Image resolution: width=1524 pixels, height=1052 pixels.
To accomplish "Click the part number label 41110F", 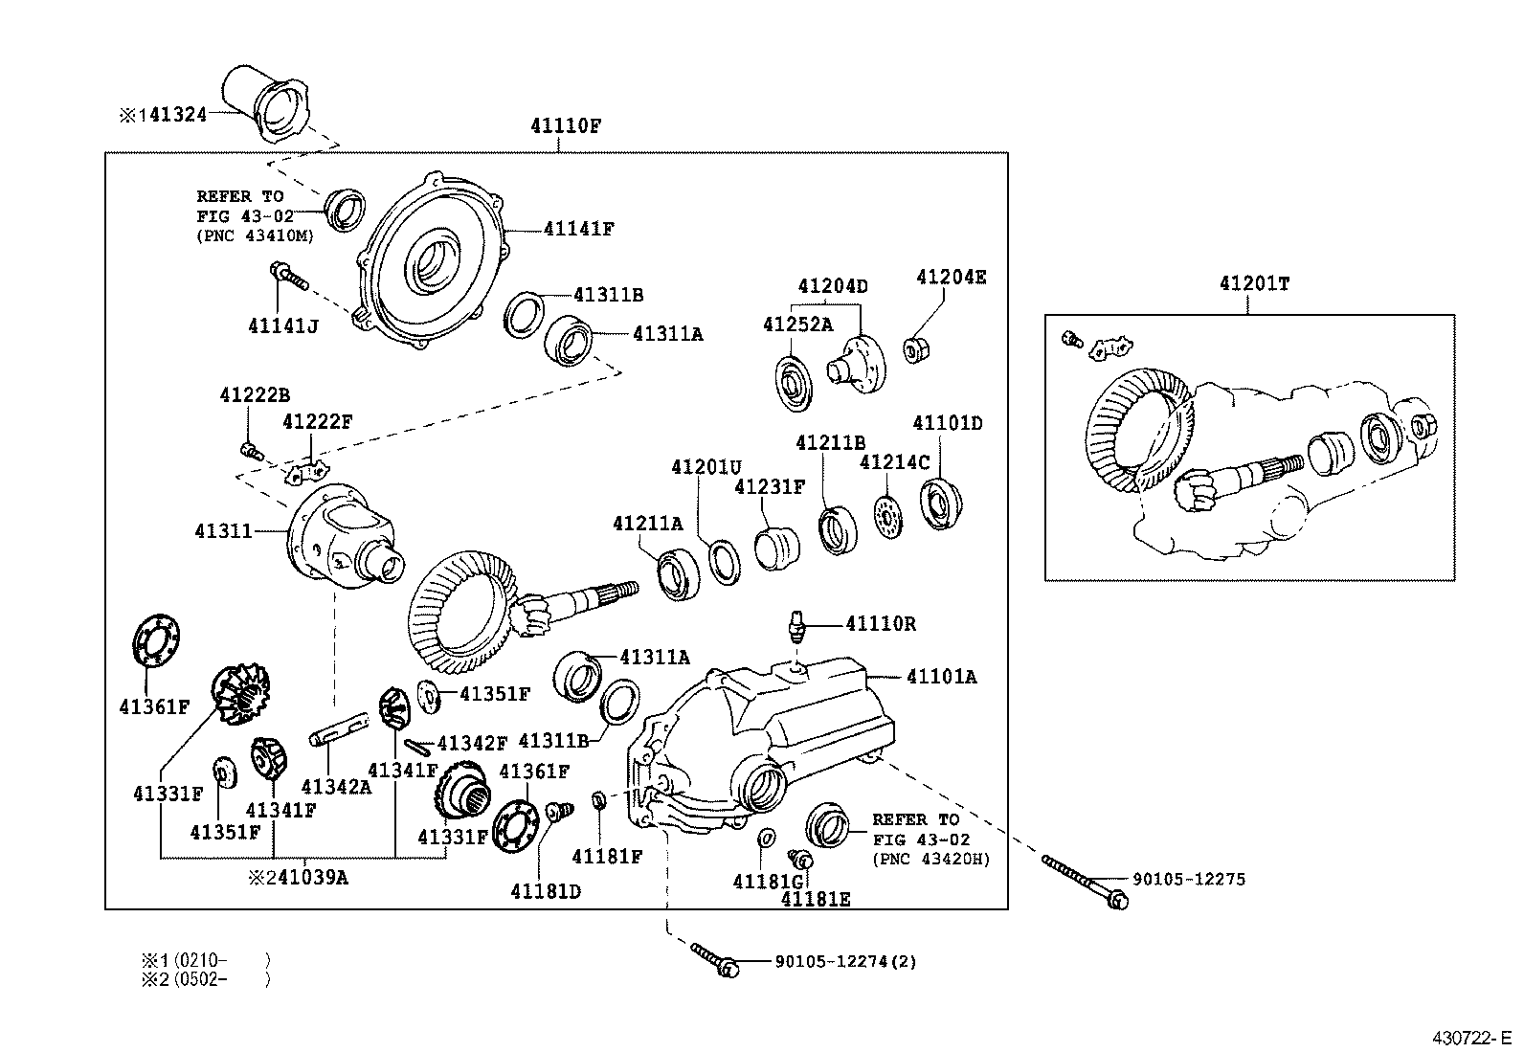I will point(566,125).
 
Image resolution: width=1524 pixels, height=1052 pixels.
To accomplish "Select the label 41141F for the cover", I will point(578,229).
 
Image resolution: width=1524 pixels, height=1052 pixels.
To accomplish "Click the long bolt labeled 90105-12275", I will point(1081,881).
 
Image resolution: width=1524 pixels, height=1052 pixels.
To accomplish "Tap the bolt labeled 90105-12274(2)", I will point(713,958).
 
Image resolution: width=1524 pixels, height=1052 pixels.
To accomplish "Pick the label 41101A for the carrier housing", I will point(942,677).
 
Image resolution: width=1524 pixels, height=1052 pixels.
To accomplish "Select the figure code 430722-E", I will point(1472,1039).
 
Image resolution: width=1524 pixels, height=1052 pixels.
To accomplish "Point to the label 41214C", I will point(894,462).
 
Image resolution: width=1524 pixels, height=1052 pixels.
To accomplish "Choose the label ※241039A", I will point(298,877).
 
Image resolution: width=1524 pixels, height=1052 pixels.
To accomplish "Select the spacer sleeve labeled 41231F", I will point(776,548).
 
